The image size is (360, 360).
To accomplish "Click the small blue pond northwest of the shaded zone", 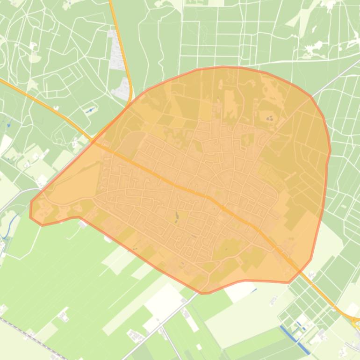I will coord(90,110).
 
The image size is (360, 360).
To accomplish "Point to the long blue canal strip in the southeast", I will coord(295,339).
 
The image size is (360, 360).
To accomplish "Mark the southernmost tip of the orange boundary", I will coord(202,293).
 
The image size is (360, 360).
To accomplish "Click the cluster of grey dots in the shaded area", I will coord(270,118).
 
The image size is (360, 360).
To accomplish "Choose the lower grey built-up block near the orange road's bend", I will coord(122,89).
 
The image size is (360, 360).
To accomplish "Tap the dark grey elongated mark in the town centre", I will coord(177,216).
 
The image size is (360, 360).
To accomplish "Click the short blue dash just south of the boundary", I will coord(254,290).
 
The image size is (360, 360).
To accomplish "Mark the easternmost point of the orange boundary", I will coord(330,151).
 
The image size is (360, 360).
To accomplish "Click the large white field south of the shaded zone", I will coord(164,299).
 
